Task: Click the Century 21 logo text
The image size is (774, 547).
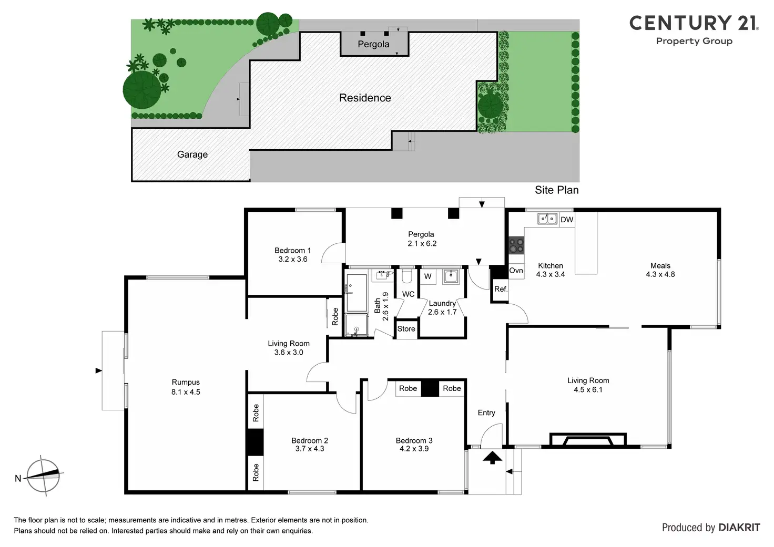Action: coord(694,24)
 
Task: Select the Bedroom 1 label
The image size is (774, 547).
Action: coord(292,251)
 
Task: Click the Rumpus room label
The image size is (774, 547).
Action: coord(186,383)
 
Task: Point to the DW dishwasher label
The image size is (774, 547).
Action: coord(567,220)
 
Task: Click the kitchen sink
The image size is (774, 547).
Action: coord(547,219)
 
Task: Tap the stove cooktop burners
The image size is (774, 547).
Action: coord(516,245)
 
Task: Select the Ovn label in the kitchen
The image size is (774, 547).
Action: coord(516,271)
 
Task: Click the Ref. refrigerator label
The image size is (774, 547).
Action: coord(501,289)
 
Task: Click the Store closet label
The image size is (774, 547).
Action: coord(406,329)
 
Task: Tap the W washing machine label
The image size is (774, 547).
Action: coord(428,276)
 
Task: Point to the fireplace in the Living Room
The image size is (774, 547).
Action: coord(588,440)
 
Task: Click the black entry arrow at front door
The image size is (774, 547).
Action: coord(492,458)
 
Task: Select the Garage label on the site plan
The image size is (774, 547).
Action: coord(192,154)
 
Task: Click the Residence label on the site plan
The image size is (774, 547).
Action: coord(365,98)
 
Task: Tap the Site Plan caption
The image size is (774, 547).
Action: coord(556,190)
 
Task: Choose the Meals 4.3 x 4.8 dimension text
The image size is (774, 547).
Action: coord(660,274)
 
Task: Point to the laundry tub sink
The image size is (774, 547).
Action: coord(451,276)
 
